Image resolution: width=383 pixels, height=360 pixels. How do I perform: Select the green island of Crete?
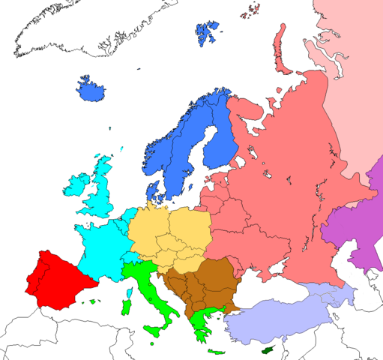point(218,352)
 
